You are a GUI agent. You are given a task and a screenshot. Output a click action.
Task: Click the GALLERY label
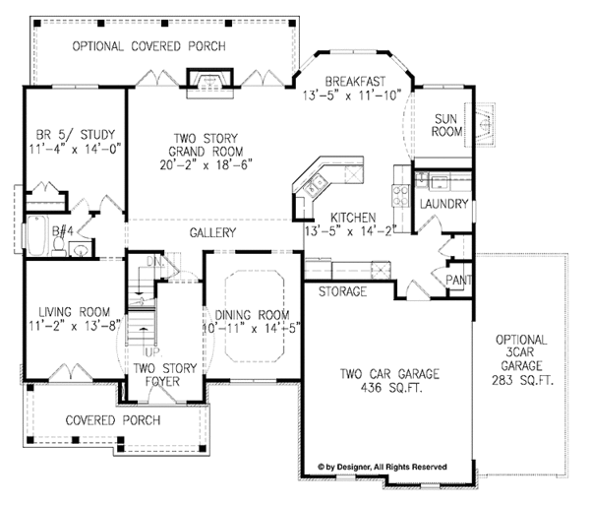tap(212, 233)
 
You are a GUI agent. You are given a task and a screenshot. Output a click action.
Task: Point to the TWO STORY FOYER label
tap(164, 375)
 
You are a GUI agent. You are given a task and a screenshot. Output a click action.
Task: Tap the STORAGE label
tap(343, 292)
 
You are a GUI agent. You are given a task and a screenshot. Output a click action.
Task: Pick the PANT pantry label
tap(459, 281)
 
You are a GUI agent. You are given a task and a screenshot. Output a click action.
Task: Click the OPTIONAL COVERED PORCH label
tap(150, 46)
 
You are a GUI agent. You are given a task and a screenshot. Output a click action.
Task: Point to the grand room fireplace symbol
tap(206, 82)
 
